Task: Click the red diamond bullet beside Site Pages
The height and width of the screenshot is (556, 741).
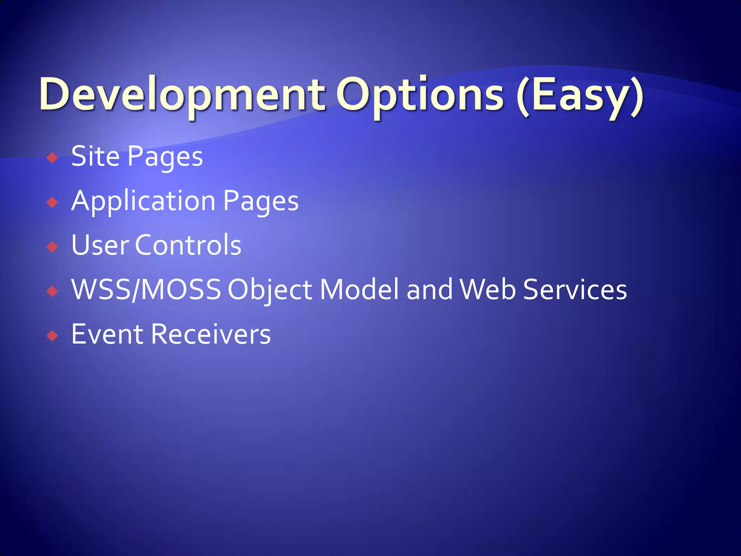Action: coord(52,158)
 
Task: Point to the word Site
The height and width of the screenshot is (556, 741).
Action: coord(95,156)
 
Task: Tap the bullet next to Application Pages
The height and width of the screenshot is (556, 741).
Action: coord(52,202)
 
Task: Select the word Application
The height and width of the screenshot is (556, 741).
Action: coord(143,202)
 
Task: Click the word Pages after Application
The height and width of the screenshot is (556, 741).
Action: coord(261,202)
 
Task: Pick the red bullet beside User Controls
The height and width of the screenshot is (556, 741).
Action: coord(52,247)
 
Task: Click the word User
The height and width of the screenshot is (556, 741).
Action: coord(100,245)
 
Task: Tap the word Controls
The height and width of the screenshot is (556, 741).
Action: coord(188,245)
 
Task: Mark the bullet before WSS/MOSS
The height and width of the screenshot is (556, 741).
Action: coord(52,291)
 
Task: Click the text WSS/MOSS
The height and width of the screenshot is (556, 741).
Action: coord(146,290)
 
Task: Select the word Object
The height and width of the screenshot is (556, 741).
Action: coord(270,290)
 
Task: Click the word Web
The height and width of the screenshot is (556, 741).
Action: coord(487,290)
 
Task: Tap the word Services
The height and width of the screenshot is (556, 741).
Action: coord(575,290)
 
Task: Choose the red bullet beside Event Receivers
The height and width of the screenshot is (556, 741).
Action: coord(52,336)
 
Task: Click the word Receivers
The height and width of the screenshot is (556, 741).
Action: coord(211,334)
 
